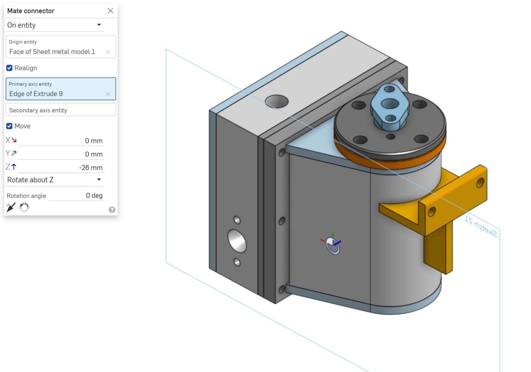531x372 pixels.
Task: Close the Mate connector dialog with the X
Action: [110, 11]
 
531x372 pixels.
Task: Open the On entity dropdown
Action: [99, 25]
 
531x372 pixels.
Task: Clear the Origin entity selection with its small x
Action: [108, 52]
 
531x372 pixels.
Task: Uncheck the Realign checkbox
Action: [9, 68]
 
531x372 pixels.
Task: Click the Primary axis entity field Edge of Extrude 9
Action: [55, 94]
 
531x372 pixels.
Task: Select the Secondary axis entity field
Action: [60, 110]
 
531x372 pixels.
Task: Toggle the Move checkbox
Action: [9, 126]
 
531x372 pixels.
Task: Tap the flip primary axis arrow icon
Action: [11, 207]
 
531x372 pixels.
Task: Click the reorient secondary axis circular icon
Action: [24, 207]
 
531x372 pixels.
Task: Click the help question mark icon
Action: [112, 210]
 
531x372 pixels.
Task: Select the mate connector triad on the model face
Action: [333, 244]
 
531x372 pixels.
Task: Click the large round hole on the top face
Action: [277, 101]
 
